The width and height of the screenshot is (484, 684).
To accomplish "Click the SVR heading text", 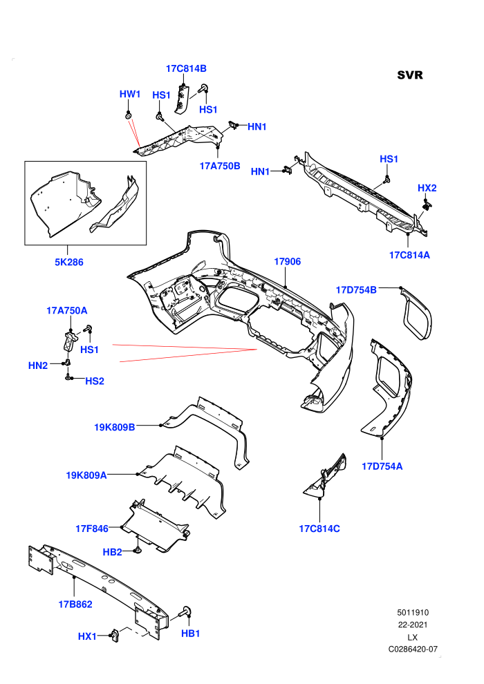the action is tap(410, 75).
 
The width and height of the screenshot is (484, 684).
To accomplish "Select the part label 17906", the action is tap(287, 261).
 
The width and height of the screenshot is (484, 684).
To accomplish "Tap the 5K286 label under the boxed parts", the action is tap(69, 262).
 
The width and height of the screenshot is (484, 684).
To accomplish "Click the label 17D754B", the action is tap(356, 290).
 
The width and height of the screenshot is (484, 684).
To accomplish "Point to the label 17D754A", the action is tap(382, 466).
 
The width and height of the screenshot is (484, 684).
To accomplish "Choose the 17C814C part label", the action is tap(319, 529).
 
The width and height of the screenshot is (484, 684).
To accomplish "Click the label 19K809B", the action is tap(115, 427).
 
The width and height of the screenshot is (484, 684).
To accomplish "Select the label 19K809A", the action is tap(86, 475).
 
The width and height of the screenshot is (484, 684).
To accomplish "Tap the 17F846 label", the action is tap(92, 529).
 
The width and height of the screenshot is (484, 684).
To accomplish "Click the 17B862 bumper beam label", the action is tap(75, 604).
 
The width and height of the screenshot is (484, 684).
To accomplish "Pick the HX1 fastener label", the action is tap(87, 636).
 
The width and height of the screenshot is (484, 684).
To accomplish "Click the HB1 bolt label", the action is tap(191, 634).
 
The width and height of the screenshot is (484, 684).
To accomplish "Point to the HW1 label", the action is tap(130, 94).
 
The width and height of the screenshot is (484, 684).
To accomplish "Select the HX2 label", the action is tap(427, 188).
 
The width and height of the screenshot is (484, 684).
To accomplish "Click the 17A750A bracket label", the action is tap(67, 311).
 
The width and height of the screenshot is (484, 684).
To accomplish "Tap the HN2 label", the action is tap(38, 365).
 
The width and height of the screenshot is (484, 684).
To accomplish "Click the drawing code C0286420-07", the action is tap(413, 649).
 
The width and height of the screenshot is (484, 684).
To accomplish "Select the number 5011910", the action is tap(413, 612).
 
